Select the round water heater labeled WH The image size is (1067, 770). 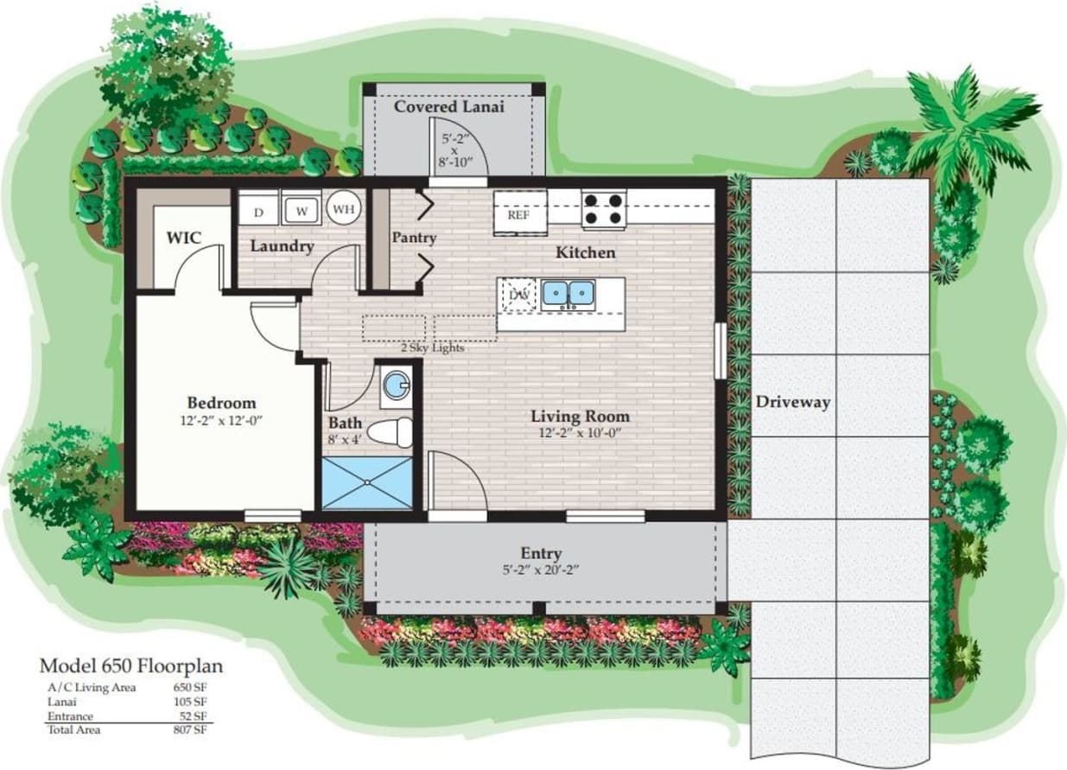click(x=343, y=208)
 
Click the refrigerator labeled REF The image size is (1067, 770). click(x=518, y=213)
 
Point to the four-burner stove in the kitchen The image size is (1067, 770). click(x=603, y=208)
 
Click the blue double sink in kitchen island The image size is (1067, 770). click(x=568, y=294)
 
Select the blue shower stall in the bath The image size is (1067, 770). click(x=366, y=483)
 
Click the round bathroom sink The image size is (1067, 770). click(x=397, y=385)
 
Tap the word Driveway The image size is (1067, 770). click(x=792, y=402)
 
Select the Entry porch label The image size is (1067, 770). click(x=541, y=553)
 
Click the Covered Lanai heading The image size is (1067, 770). click(x=449, y=106)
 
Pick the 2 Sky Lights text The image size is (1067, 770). click(x=432, y=347)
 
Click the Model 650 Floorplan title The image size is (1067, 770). click(x=131, y=665)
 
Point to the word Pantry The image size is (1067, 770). click(x=413, y=238)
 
